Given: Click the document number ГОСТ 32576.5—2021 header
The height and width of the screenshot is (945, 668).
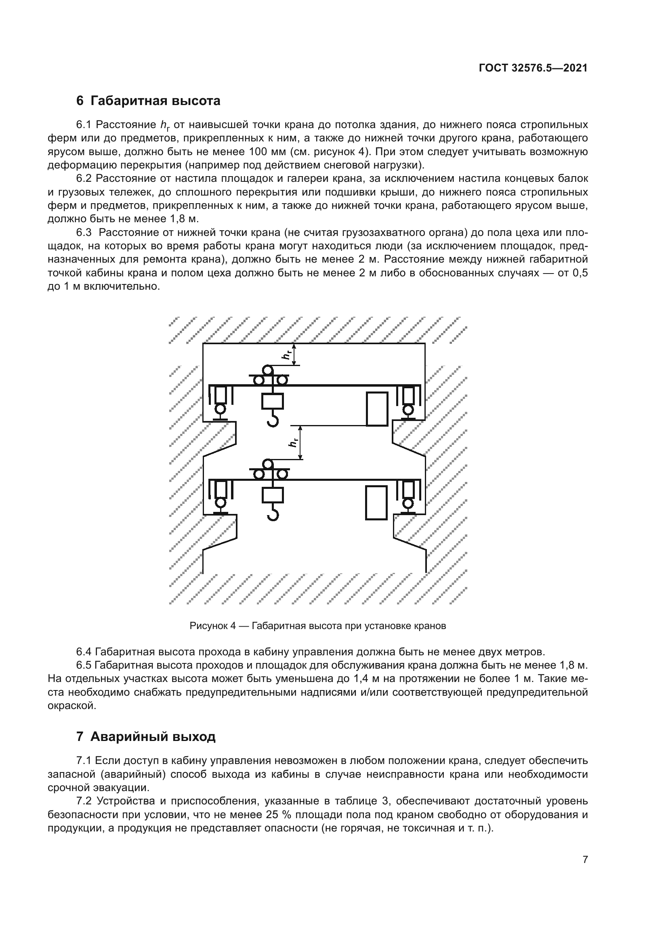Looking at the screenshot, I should coord(533,68).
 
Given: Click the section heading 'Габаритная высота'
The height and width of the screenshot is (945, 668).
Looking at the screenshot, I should coord(155,101).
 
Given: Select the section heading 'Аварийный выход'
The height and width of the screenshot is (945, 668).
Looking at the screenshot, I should coord(153,737).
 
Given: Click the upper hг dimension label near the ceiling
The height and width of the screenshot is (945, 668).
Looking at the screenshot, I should coord(288,354).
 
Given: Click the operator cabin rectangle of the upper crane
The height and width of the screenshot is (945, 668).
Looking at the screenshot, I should coord(377,408).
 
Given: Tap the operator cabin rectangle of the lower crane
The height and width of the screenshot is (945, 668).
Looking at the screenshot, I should coord(376,502).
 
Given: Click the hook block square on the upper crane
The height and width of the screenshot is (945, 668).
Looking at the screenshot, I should coord(272,401).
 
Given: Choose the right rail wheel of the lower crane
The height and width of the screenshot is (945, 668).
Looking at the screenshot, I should coord(408,503).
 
